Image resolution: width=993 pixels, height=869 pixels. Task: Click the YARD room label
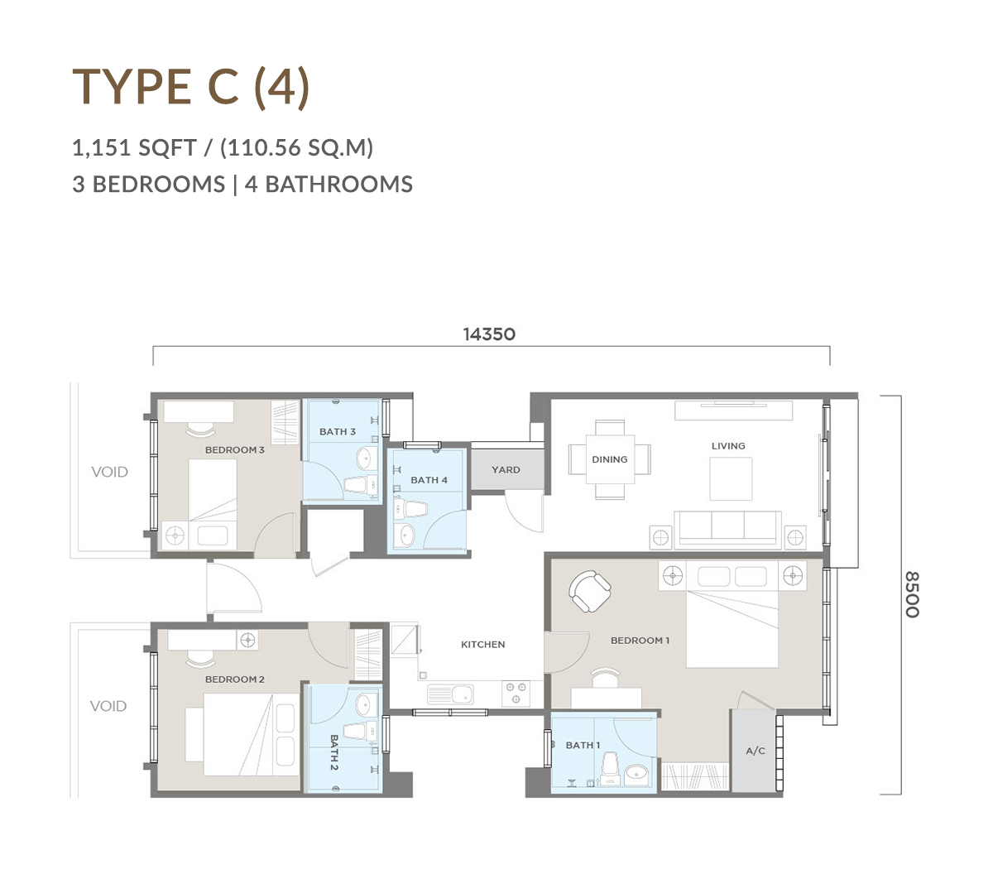506,469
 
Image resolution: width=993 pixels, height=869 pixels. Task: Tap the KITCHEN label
483,644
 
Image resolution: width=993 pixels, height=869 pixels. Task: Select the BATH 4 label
429,480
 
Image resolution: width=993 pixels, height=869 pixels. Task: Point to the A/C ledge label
756,751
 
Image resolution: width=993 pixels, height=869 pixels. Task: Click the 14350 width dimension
489,334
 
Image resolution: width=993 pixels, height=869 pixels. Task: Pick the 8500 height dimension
913,594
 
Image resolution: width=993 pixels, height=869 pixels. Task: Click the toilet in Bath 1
610,769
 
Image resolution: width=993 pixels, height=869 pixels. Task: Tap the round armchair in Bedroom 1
590,591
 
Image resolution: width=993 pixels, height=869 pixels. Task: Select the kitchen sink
450,694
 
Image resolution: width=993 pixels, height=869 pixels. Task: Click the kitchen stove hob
516,694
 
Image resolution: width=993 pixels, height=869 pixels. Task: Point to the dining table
610,459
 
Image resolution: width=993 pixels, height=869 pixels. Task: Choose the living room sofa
728,530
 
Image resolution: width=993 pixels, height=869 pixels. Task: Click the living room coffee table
731,478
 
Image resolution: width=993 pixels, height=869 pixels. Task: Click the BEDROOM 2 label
235,679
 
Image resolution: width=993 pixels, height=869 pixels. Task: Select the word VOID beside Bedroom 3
110,472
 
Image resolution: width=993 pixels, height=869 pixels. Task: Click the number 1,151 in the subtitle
100,147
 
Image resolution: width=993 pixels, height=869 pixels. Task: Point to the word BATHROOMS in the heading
338,185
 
